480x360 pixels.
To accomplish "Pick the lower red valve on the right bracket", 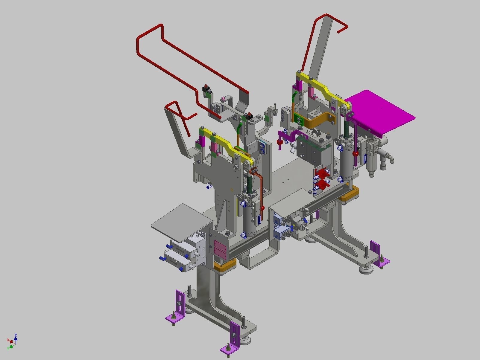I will pyautogui.click(x=323, y=186).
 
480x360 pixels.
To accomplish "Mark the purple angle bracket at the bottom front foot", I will pyautogui.click(x=232, y=341).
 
